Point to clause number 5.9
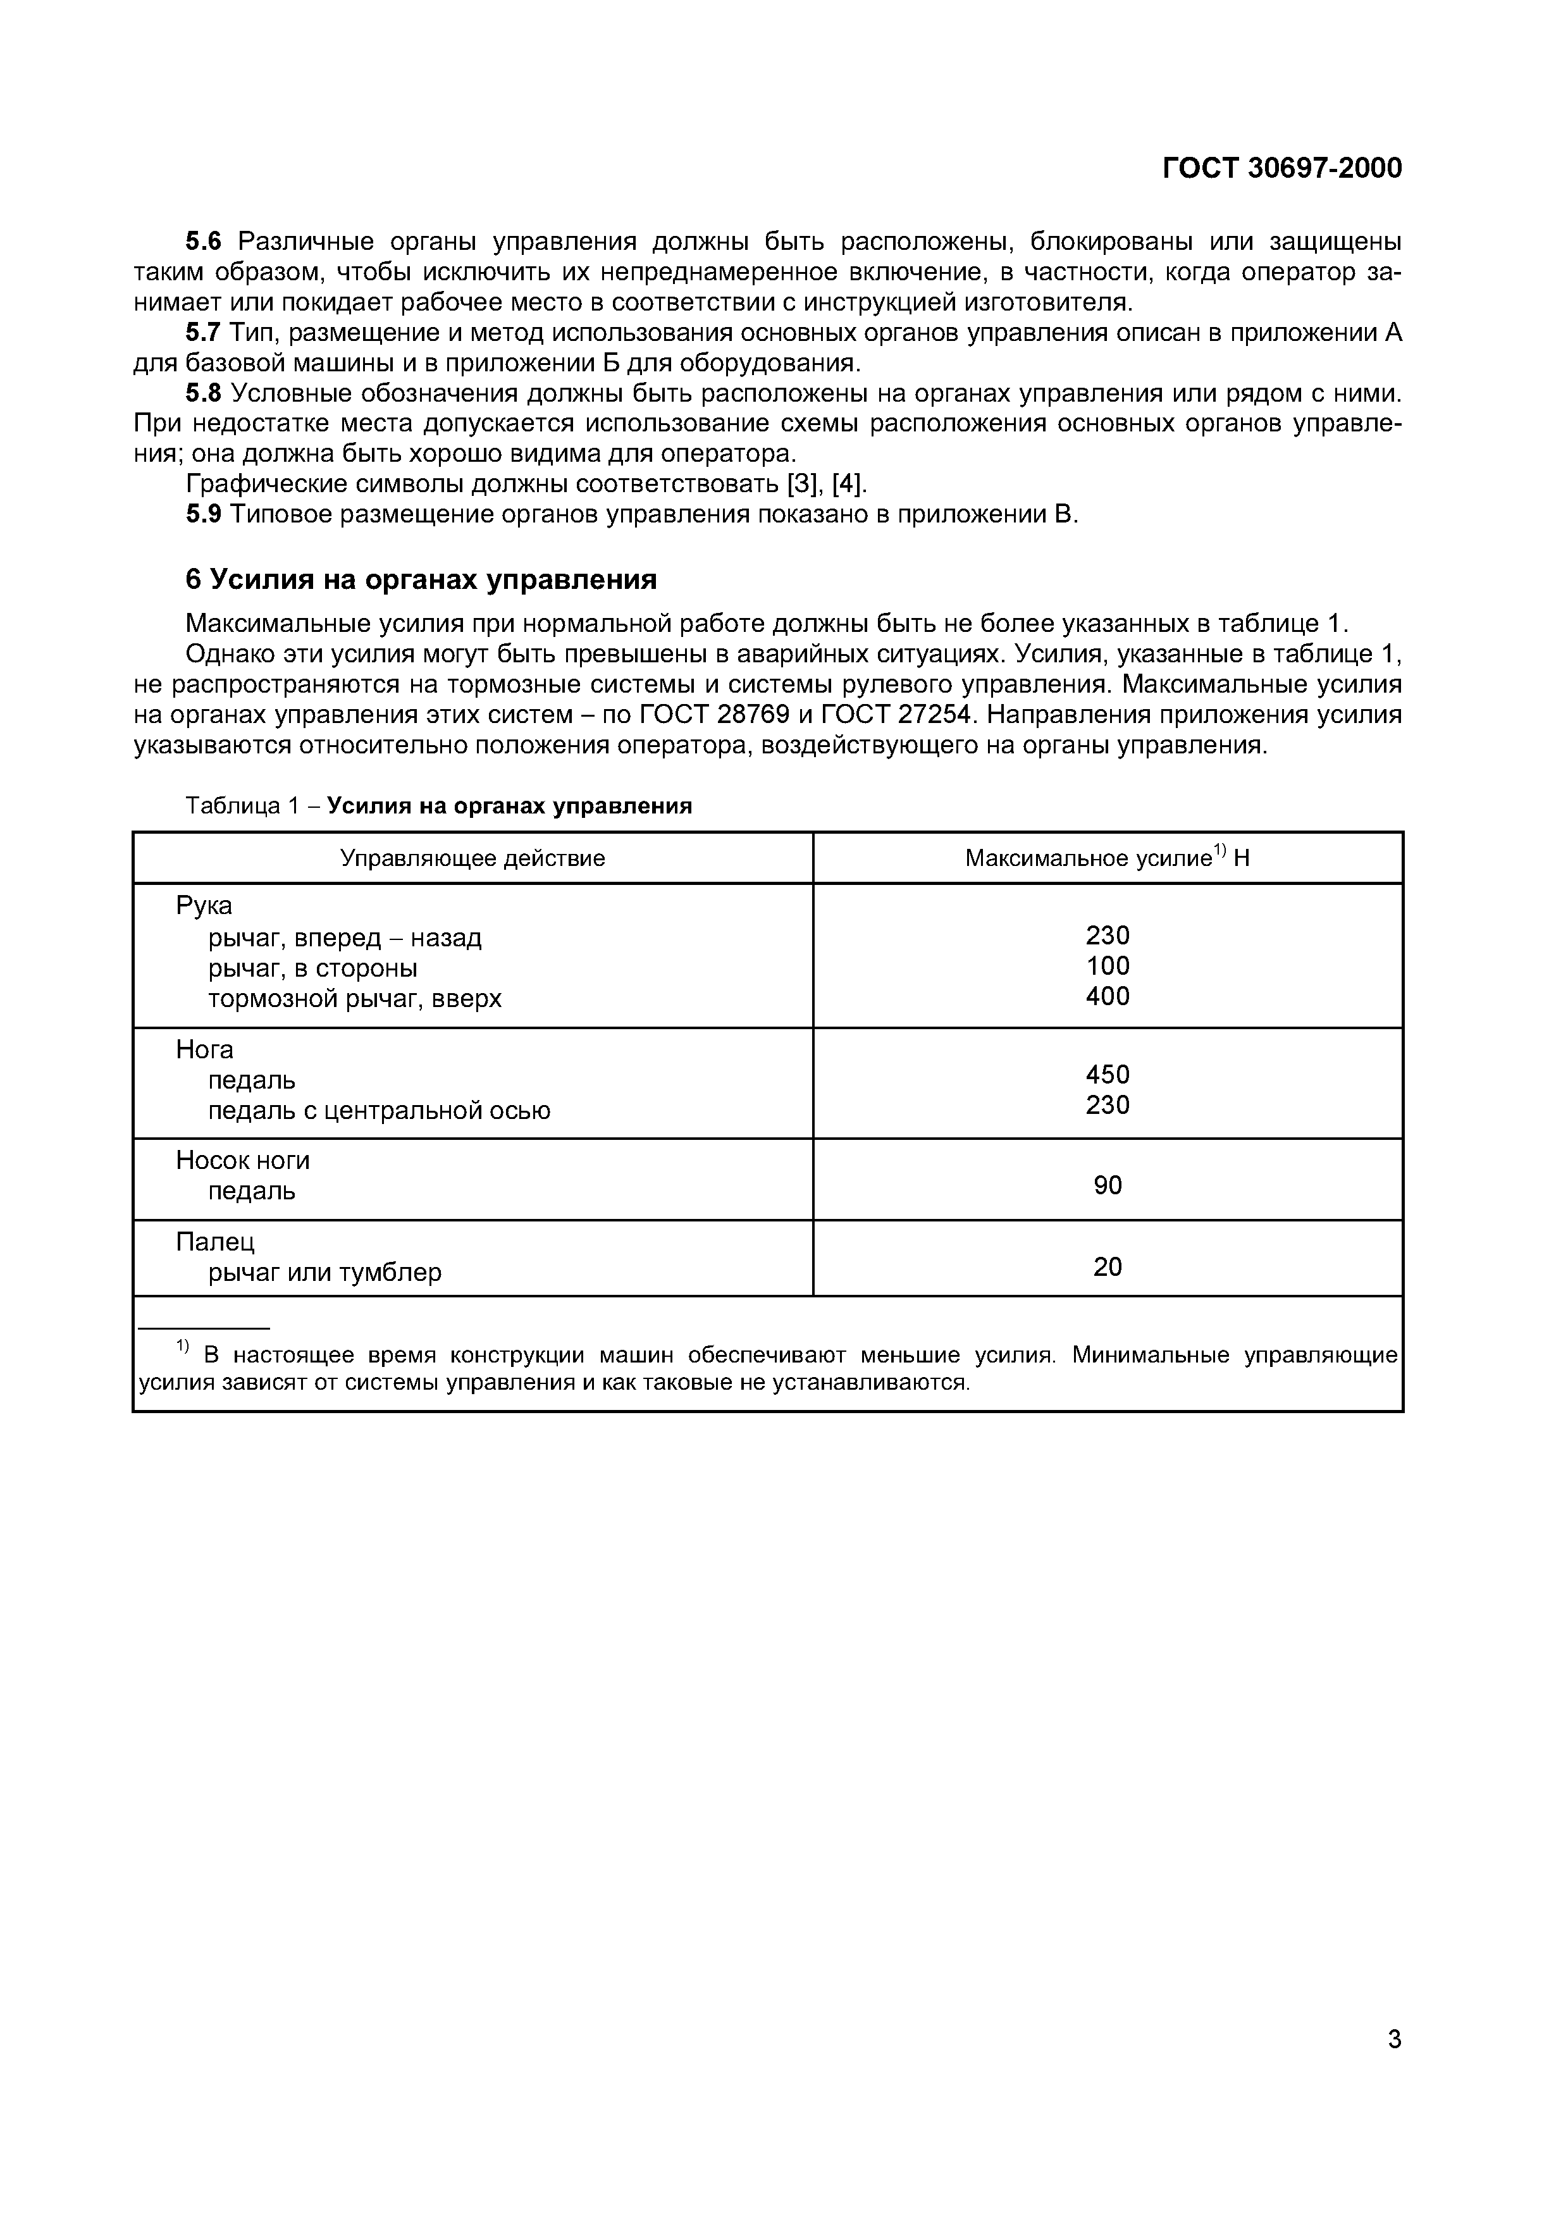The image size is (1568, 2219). (x=204, y=514)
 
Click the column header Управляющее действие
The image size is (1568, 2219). (x=472, y=858)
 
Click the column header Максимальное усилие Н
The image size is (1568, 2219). (x=1107, y=858)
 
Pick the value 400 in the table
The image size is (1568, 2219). (x=1107, y=996)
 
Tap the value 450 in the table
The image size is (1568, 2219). (x=1107, y=1075)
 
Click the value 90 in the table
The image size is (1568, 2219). (x=1107, y=1186)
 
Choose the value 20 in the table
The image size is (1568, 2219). (x=1107, y=1267)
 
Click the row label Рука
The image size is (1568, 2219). (x=204, y=906)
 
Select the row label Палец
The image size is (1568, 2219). (x=214, y=1242)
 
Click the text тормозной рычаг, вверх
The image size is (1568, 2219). (x=355, y=998)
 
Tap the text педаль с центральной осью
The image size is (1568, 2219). (x=379, y=1111)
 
